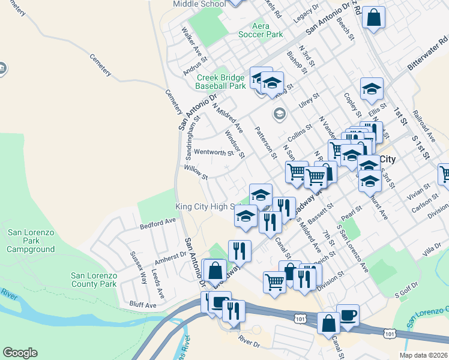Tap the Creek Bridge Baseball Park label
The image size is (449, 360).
[220, 82]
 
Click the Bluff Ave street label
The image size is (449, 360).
[143, 305]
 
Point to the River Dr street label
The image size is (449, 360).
[249, 341]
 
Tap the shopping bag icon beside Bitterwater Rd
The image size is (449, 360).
[373, 17]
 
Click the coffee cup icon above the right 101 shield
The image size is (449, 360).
[348, 315]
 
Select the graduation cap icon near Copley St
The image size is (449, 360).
[372, 89]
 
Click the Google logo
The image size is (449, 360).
[20, 353]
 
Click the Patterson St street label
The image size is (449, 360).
[265, 142]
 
